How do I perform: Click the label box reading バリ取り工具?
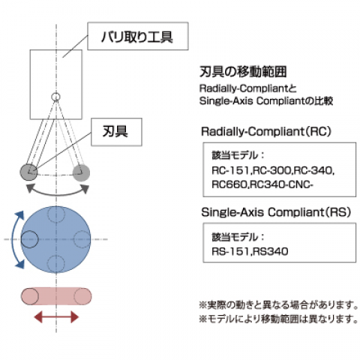tap(138, 36)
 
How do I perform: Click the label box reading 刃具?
tap(116, 132)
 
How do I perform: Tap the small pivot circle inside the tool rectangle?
tap(55, 97)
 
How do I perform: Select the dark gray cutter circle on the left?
tap(28, 172)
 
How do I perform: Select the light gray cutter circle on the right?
tap(81, 172)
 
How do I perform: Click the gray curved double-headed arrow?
tap(58, 194)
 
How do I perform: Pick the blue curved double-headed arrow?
tap(13, 239)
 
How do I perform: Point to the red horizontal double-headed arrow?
tap(56, 317)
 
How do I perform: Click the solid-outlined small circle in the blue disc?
tap(29, 239)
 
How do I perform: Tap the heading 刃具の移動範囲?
tap(243, 72)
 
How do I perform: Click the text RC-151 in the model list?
tap(230, 170)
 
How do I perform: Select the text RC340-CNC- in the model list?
tap(281, 184)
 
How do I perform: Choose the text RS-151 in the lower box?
tap(230, 251)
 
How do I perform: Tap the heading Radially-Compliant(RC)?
tap(266, 131)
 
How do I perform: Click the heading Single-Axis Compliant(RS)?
tap(276, 212)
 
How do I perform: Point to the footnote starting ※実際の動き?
tap(279, 304)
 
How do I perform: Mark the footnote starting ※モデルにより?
tap(279, 319)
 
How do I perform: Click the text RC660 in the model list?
tap(229, 184)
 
